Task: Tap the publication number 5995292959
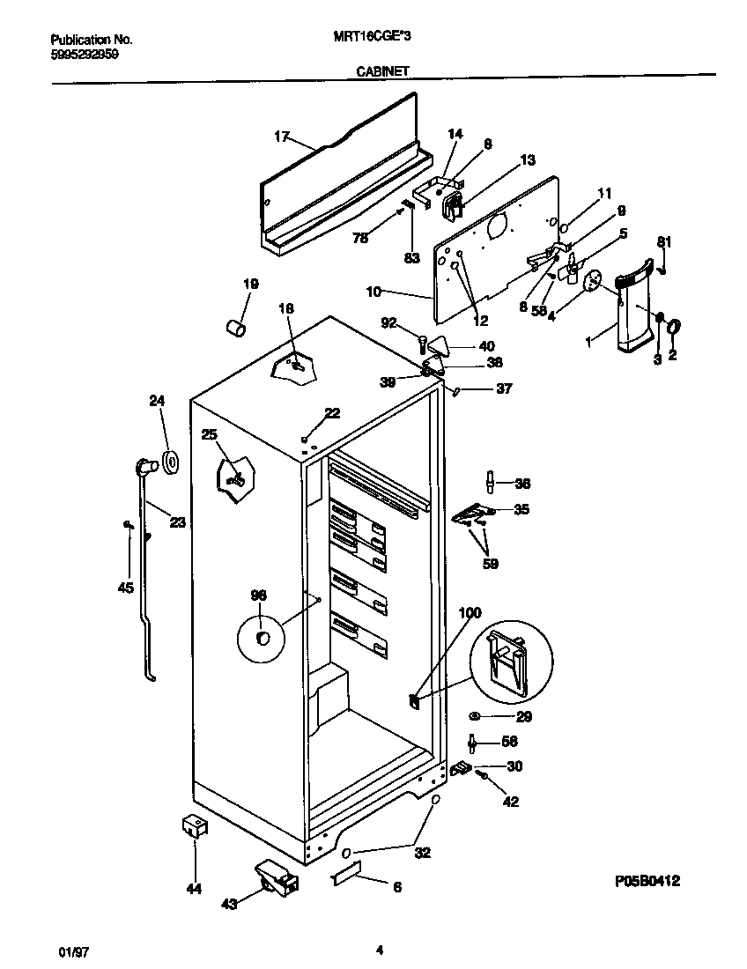[x=85, y=53]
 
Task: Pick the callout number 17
[x=281, y=136]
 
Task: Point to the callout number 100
[x=470, y=611]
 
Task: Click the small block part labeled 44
[x=194, y=826]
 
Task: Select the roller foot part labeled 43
[x=274, y=877]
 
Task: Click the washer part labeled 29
[x=476, y=717]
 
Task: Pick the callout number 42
[x=510, y=802]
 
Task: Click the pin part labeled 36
[x=489, y=483]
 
